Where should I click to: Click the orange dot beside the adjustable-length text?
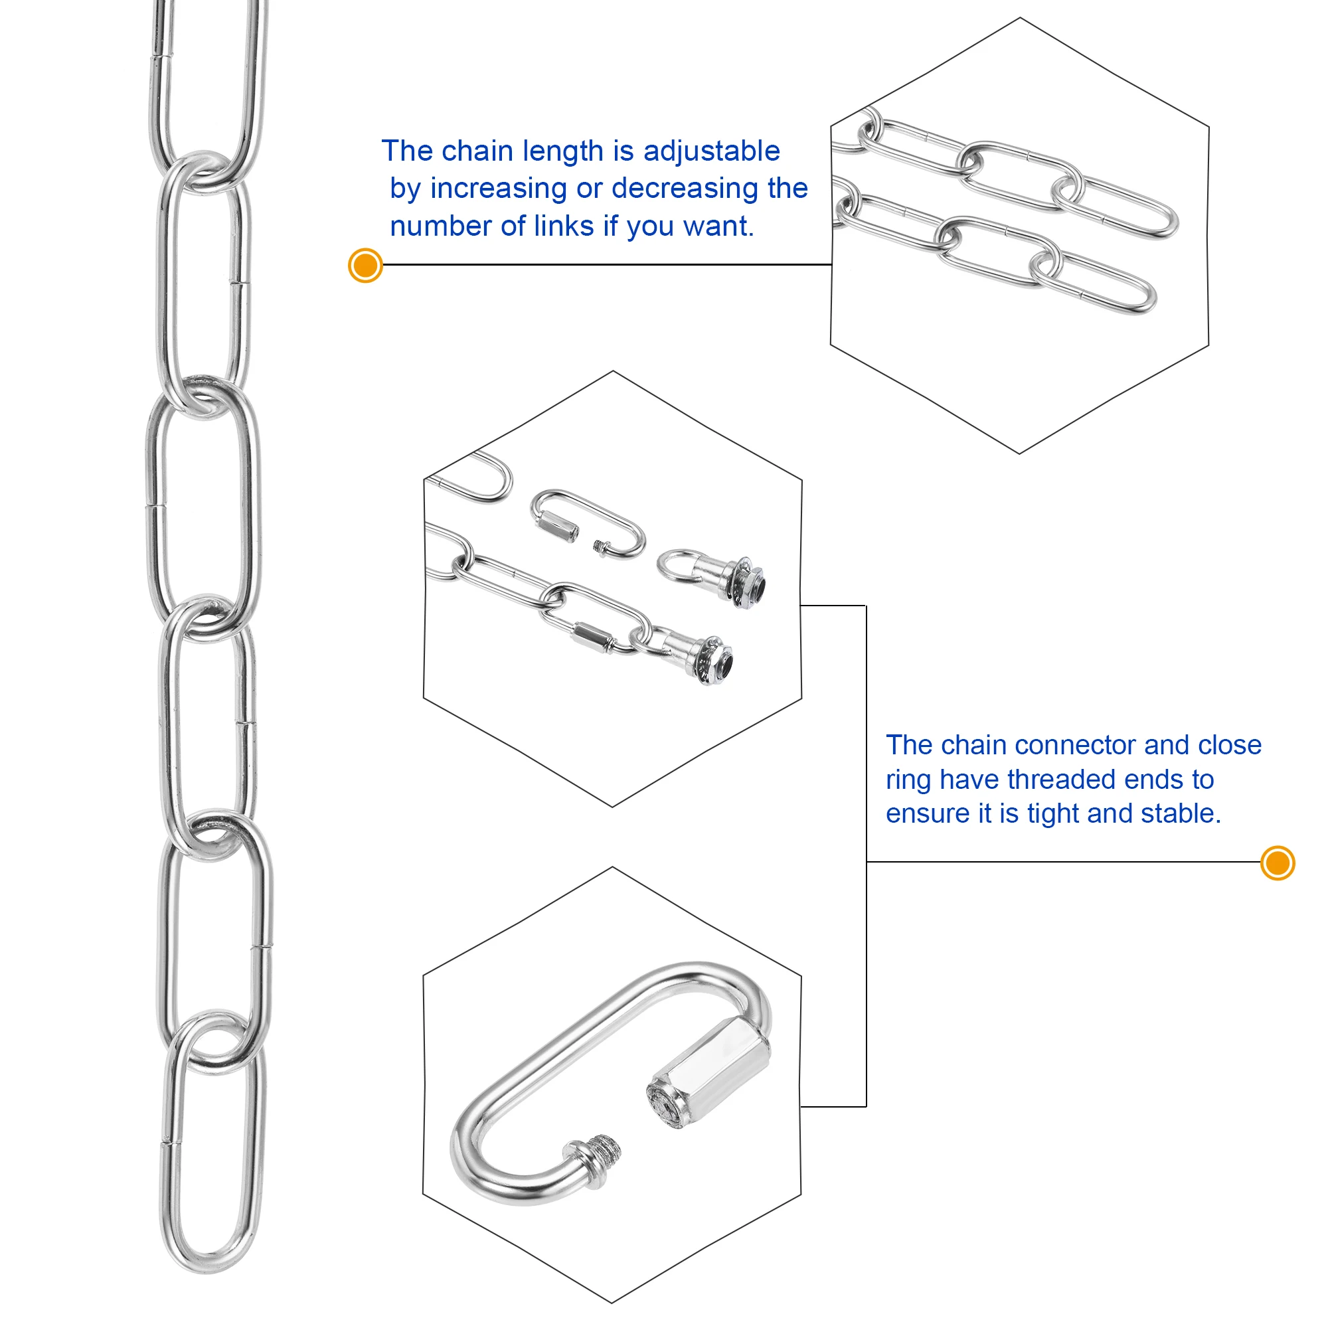point(366,266)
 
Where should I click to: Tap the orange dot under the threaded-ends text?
point(1278,863)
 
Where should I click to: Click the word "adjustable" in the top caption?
point(711,151)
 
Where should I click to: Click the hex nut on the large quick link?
point(709,1076)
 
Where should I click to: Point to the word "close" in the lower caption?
point(1230,745)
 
